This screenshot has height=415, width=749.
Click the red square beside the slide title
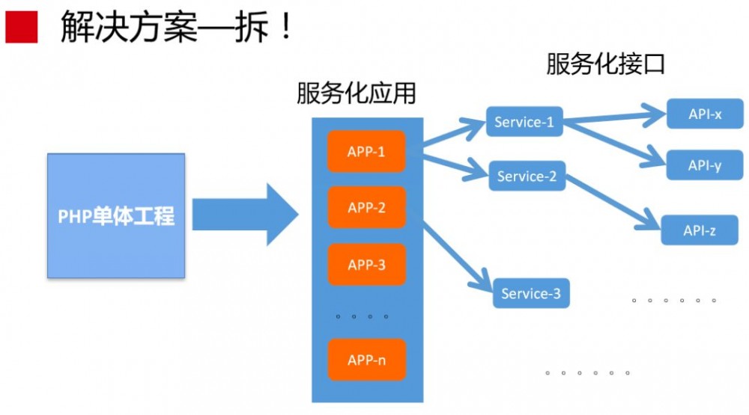[21, 28]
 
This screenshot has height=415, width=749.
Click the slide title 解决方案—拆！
[176, 28]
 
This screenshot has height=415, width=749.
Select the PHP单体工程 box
[116, 216]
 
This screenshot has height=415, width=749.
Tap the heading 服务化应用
[356, 94]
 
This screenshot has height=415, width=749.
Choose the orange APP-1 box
[366, 151]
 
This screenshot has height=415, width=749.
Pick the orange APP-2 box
[366, 207]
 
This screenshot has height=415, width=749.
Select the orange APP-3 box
[366, 264]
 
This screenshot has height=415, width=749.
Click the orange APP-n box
[366, 360]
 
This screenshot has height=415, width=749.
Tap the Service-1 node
[524, 123]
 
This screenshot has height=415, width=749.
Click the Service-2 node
[527, 176]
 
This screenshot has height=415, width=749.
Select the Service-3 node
[530, 293]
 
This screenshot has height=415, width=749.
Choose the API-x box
[705, 114]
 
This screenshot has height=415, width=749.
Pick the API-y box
[705, 165]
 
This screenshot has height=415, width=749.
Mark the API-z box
[699, 231]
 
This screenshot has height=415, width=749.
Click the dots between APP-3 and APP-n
[363, 317]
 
